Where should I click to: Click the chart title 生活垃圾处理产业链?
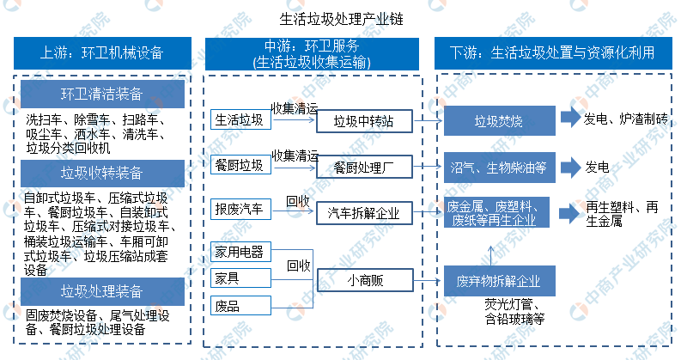[x=342, y=19]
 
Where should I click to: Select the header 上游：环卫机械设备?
[x=102, y=53]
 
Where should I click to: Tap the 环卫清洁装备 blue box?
[x=102, y=94]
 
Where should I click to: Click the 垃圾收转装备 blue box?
[x=102, y=173]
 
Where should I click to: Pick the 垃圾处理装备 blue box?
[x=102, y=291]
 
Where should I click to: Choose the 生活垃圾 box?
[x=240, y=119]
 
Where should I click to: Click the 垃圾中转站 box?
[x=364, y=121]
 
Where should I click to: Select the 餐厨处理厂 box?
[x=364, y=168]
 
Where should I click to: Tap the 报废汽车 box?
[x=240, y=209]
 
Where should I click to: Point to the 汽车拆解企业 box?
[x=364, y=213]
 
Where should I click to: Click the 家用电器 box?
[x=240, y=252]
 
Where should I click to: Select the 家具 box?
[x=240, y=278]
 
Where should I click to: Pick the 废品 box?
[x=240, y=306]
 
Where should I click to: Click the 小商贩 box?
[x=365, y=280]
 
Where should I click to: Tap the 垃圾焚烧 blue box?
[x=500, y=120]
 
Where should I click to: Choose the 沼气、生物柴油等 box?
[x=500, y=168]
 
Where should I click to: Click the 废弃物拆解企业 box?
[x=500, y=281]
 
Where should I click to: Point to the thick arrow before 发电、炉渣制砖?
[x=570, y=118]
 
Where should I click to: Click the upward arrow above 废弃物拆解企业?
[x=491, y=256]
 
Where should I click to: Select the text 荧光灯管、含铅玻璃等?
[x=514, y=311]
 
